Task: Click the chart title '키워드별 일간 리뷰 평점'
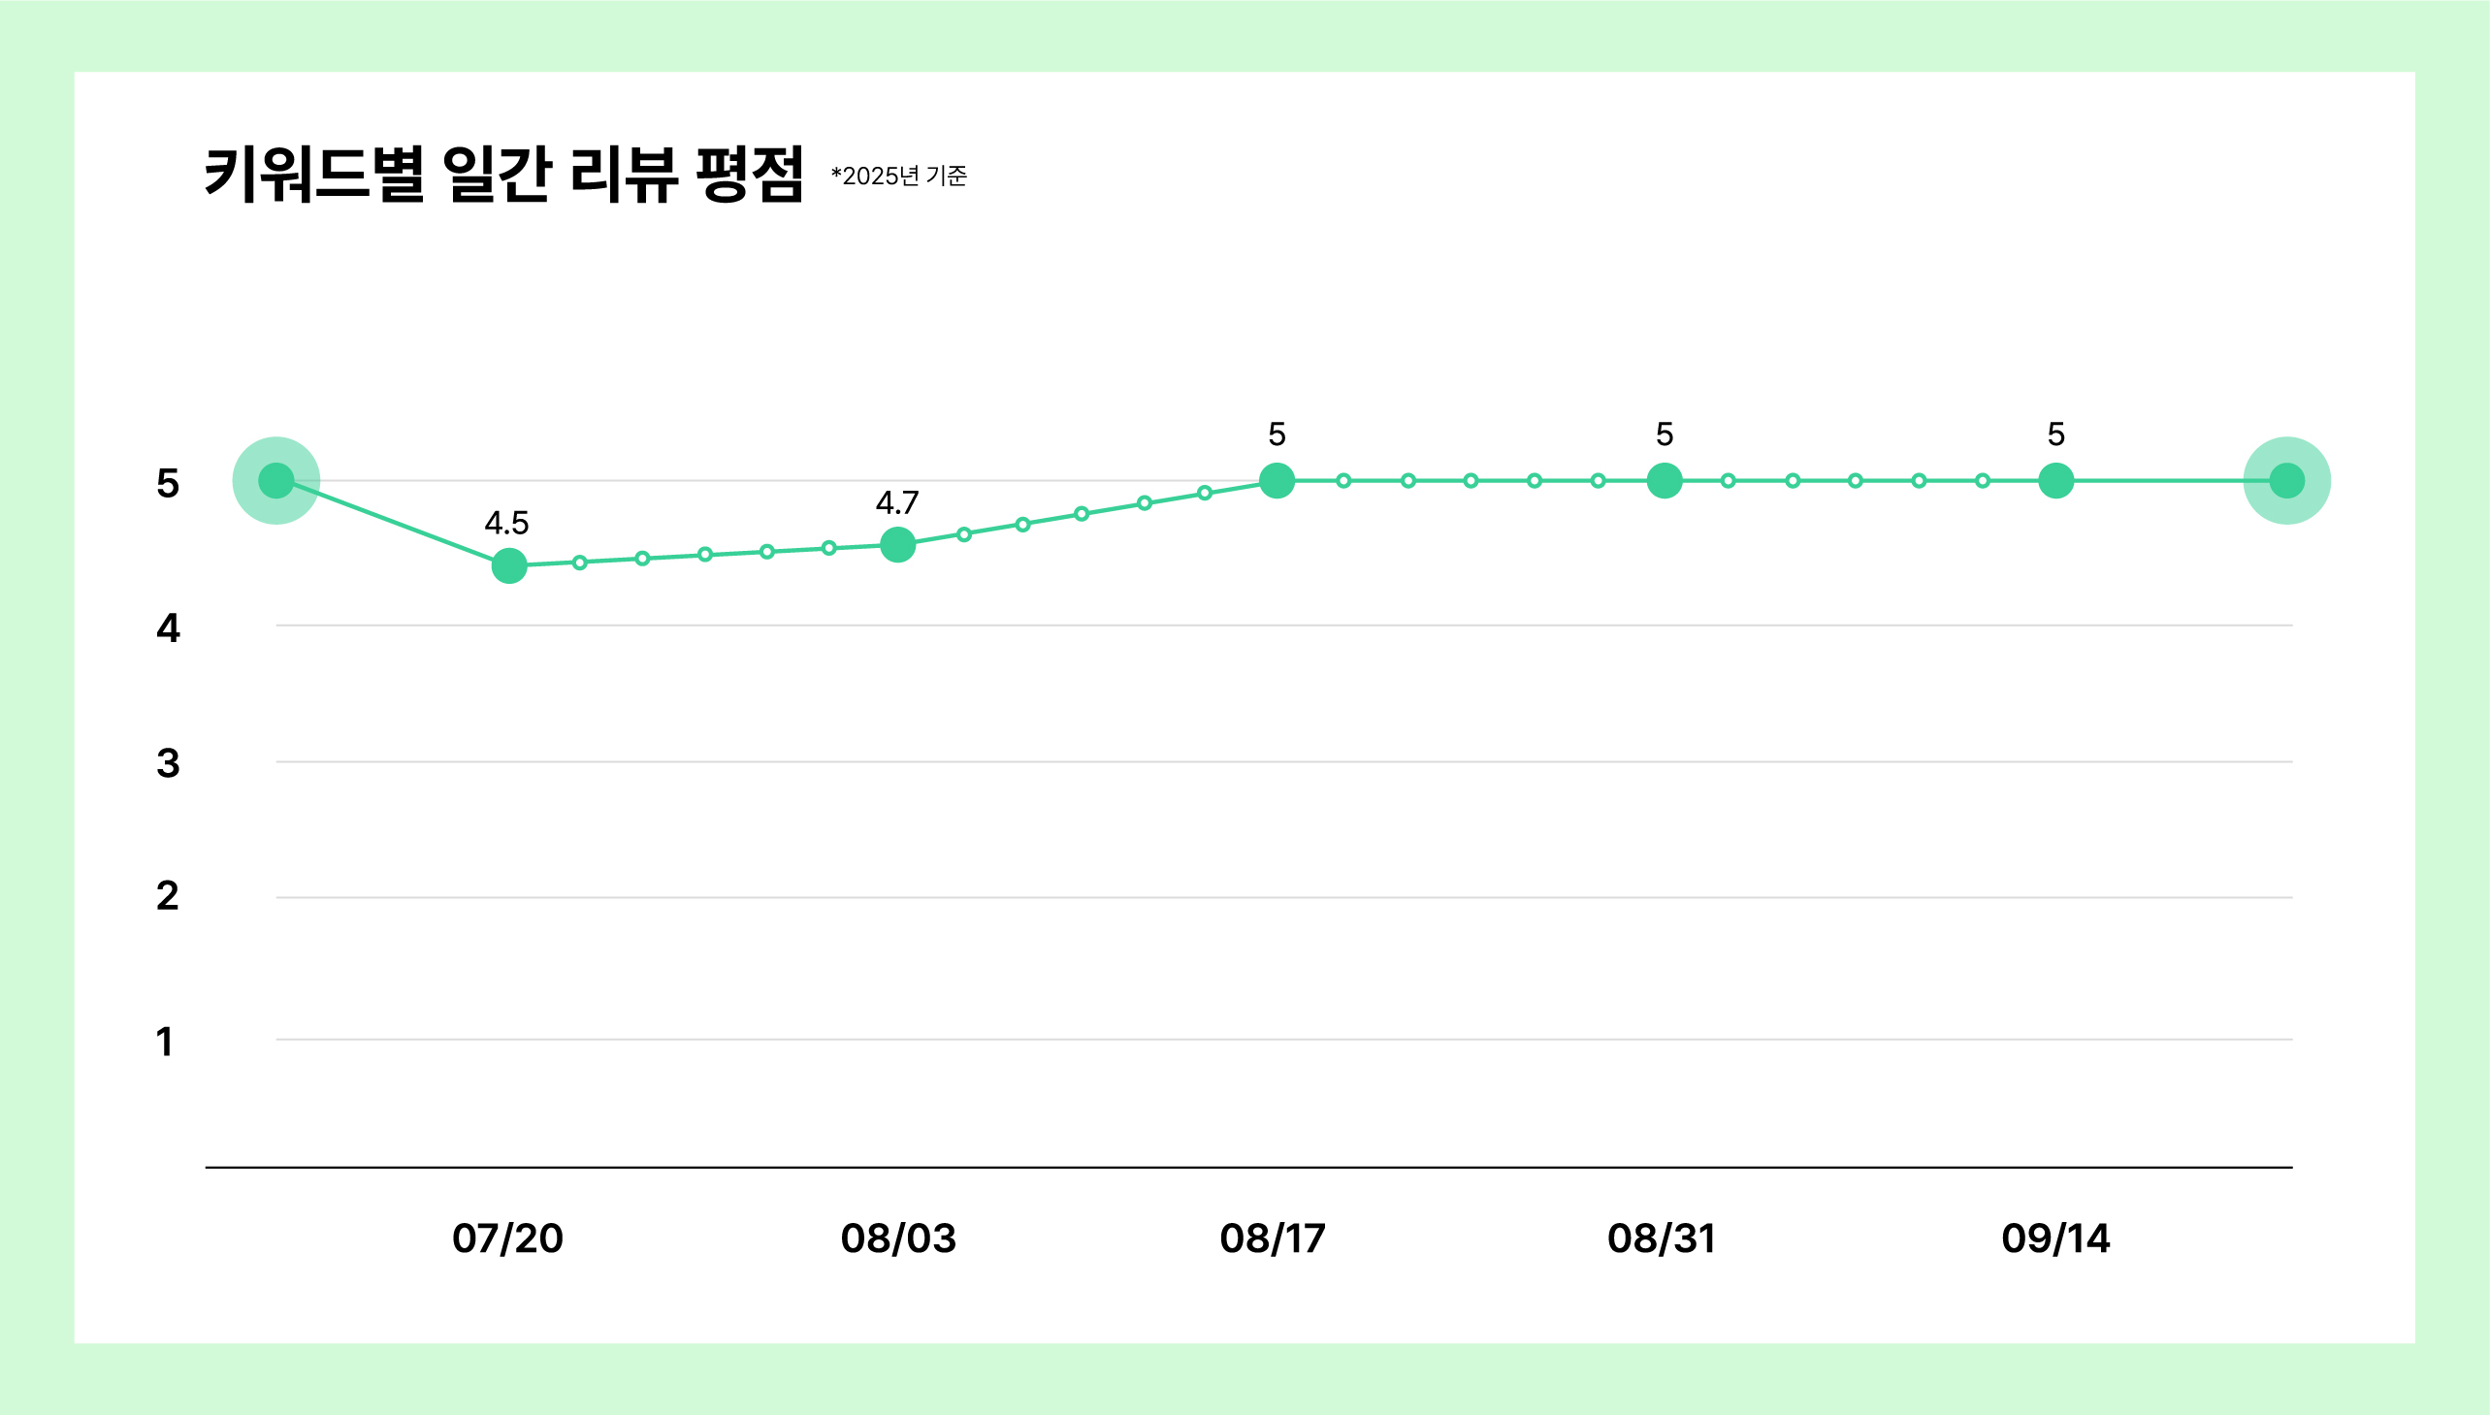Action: click(503, 174)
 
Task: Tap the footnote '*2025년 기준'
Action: click(899, 176)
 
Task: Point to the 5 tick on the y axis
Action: click(168, 483)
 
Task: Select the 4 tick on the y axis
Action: click(168, 628)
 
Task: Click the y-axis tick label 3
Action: click(168, 763)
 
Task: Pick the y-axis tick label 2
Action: click(168, 895)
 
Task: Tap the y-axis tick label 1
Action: click(165, 1041)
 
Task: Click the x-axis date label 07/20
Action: click(507, 1238)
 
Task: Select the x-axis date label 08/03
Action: click(898, 1238)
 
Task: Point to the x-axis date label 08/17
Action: click(1274, 1238)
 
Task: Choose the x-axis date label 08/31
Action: click(1662, 1238)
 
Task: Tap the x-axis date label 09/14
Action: click(2055, 1238)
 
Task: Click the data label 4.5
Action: click(506, 523)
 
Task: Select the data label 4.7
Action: click(897, 502)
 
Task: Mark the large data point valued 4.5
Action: click(509, 565)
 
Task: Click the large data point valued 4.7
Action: click(897, 544)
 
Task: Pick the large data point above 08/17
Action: click(1277, 480)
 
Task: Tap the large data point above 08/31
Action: click(1665, 480)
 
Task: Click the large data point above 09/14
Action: click(2056, 480)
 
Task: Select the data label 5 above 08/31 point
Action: click(1665, 434)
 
